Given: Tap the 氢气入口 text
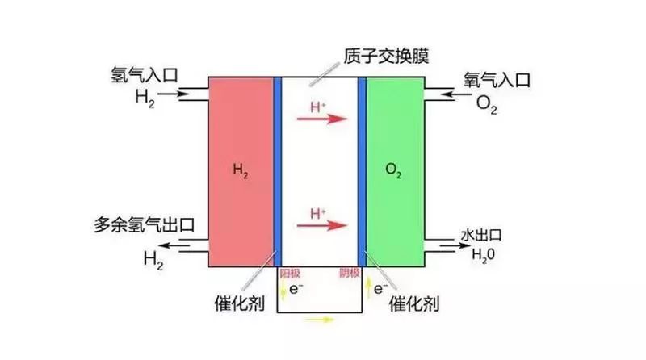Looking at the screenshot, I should coord(145,78).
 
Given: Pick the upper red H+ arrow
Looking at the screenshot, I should coord(321,119).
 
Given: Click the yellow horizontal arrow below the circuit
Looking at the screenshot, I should coord(320,320).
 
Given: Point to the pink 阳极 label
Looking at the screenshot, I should coord(289,274).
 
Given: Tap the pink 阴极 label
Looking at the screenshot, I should coord(349,274).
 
